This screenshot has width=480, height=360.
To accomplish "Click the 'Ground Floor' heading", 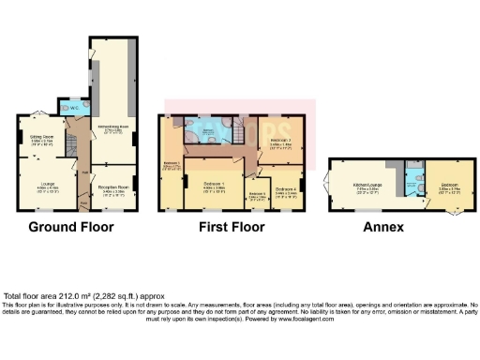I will click(70, 227).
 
